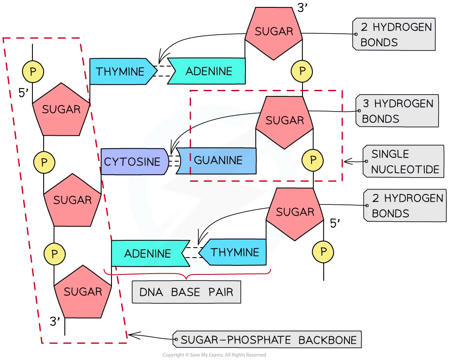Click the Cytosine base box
tap(132, 162)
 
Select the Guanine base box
tap(218, 160)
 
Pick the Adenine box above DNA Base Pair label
tap(147, 253)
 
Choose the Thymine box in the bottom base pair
tap(235, 252)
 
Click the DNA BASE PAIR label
tap(186, 292)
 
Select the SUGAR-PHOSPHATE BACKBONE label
tap(268, 340)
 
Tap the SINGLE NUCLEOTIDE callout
tap(404, 162)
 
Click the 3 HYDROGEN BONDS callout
tap(397, 111)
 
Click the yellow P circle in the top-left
tap(33, 71)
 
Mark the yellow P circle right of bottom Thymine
tap(323, 252)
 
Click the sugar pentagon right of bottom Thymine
tap(295, 213)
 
